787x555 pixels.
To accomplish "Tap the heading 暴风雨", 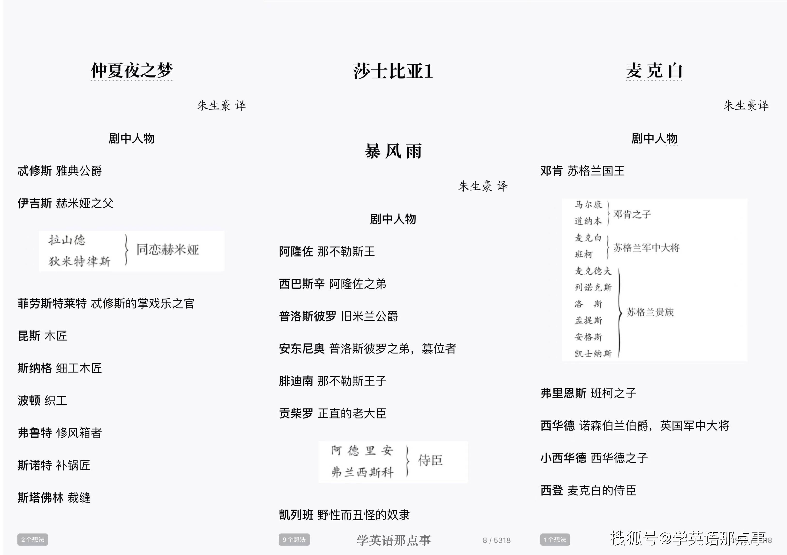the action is coord(393,151).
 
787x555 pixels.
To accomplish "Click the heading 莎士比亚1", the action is coord(393,71).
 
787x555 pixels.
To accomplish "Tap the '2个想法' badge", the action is coord(33,540).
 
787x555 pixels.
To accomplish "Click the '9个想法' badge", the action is coord(294,540).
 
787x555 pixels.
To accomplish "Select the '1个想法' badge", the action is coord(555,540).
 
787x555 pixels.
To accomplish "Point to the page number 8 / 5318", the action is coord(497,540).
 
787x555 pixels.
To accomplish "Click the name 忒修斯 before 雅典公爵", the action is coord(35,171).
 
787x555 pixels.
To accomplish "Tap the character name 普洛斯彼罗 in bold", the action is coord(307,316).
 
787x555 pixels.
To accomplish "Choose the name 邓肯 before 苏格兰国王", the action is coord(551,171).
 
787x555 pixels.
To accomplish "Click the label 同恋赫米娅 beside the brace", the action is coord(168,250).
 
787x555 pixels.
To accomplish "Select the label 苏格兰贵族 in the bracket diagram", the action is coord(650,312).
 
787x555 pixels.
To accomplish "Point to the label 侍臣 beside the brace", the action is coord(430,460).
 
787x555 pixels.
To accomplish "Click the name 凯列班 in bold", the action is coord(296,515).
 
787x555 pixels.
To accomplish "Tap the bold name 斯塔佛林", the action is coord(40,497).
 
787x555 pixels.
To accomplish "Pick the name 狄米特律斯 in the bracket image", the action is coord(79,261).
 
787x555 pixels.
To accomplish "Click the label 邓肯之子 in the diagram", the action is coord(632,214).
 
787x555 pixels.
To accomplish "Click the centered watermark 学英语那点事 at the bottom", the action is coord(394,540).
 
